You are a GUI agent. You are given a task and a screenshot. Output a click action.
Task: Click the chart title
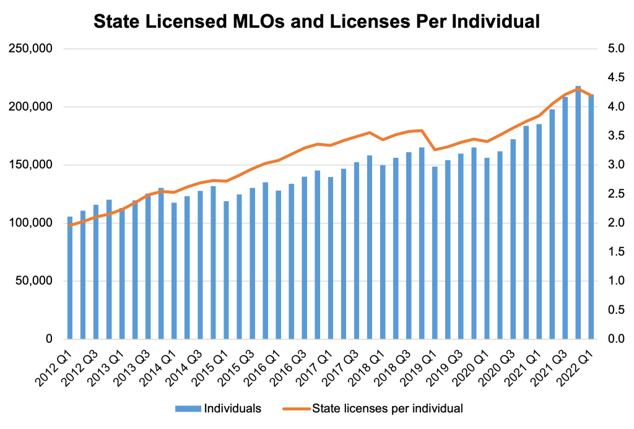317,22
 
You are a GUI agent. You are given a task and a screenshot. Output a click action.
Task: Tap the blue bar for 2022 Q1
591,217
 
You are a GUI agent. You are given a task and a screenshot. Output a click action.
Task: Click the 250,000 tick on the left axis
30,49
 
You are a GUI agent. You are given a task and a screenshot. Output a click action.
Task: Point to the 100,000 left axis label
30,223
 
